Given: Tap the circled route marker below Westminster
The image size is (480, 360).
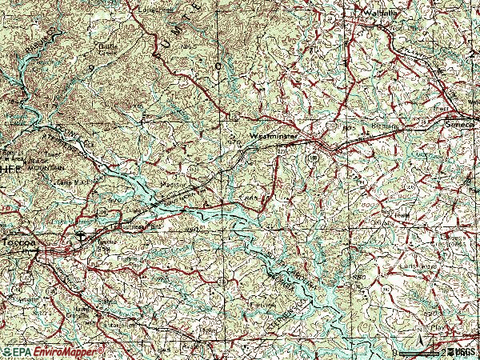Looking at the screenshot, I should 314,158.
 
